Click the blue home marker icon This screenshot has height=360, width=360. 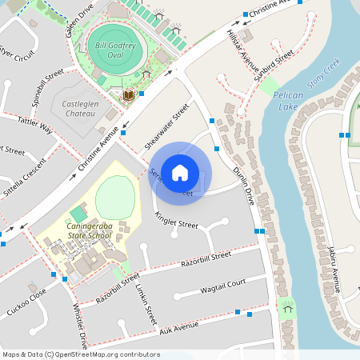[x=180, y=172]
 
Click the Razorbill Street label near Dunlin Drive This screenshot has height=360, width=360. [x=206, y=258]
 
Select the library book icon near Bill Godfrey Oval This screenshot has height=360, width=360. [x=128, y=97]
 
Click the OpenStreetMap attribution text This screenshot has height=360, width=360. [x=80, y=354]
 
